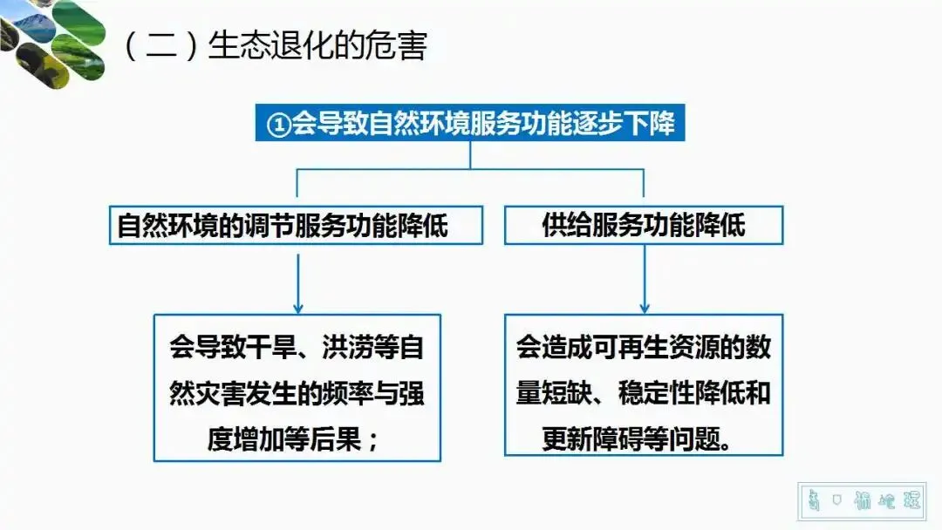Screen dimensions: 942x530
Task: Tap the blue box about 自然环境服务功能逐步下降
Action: [x=470, y=124]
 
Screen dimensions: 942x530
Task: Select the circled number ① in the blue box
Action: [x=276, y=125]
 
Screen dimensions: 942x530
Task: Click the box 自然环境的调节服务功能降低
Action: [x=296, y=226]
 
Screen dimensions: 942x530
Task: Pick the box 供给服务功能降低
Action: [x=644, y=226]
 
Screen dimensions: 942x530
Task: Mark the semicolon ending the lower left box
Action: [x=373, y=438]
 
